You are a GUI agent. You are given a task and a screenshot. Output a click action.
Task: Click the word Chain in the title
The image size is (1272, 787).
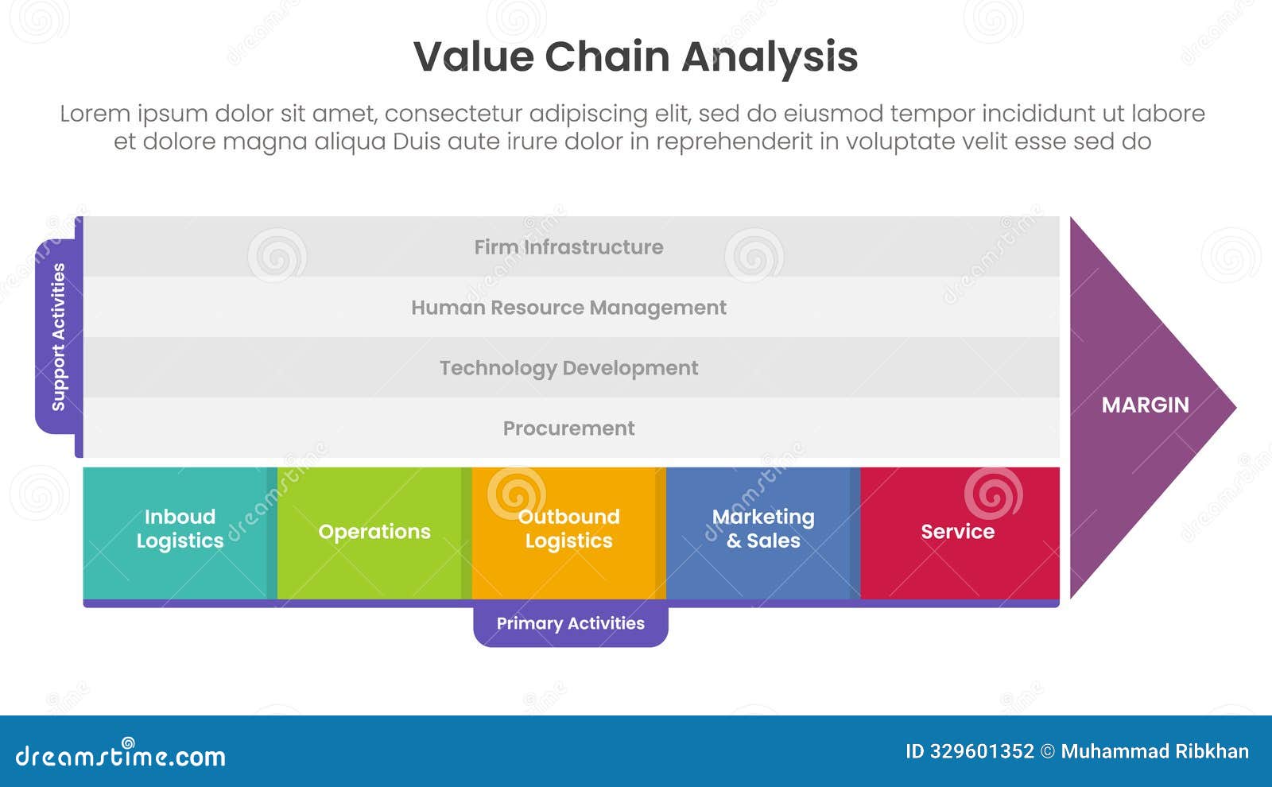point(607,57)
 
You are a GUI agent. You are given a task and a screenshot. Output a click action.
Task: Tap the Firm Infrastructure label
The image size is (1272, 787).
point(568,247)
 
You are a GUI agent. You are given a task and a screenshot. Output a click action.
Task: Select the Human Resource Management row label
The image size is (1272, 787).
point(568,308)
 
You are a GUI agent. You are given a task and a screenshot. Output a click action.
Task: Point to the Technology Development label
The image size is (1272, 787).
point(568,368)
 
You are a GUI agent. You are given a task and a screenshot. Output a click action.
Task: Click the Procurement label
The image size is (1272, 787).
point(568,428)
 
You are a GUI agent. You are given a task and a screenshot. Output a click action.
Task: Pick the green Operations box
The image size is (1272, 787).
point(374,531)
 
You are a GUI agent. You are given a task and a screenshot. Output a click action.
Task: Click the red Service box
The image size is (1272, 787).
point(958,531)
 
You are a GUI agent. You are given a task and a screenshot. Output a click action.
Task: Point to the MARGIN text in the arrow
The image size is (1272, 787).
point(1145,405)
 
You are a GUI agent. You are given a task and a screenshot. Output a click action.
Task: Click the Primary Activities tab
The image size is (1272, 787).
point(570,624)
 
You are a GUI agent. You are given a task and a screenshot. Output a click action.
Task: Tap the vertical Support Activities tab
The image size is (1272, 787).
point(58,337)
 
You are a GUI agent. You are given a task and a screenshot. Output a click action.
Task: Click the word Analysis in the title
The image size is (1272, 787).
point(770,57)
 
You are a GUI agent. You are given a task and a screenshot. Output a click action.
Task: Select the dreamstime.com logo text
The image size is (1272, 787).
point(120,755)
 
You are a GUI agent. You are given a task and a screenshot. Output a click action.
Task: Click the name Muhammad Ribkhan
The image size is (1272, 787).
point(1154,751)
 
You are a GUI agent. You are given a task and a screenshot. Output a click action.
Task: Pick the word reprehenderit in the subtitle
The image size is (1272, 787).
point(734,142)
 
